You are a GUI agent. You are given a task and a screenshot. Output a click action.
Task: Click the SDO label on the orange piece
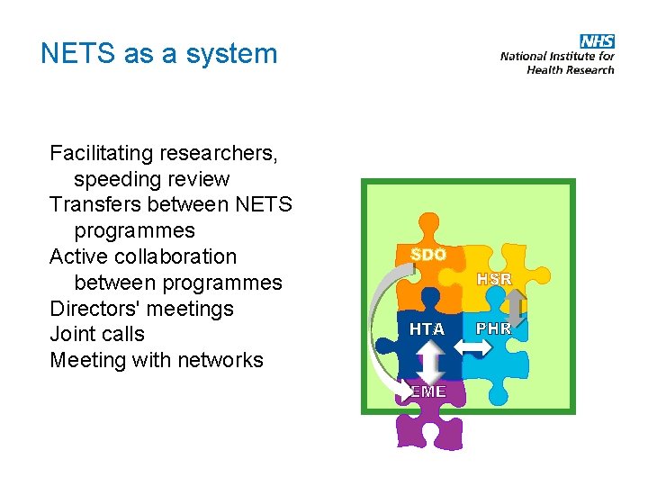(427, 255)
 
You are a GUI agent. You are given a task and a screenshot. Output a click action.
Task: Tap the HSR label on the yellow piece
(494, 279)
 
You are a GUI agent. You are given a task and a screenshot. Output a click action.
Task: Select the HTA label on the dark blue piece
(427, 329)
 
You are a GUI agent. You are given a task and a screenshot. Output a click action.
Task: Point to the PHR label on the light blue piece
(493, 328)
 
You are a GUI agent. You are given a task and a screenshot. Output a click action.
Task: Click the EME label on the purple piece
(427, 391)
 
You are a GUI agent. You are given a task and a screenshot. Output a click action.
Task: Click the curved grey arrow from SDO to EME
(379, 324)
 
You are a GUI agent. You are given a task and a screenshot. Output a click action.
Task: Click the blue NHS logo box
(597, 41)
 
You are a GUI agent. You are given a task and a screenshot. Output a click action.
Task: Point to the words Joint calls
(97, 335)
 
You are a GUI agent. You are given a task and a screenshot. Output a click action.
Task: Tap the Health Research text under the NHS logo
(571, 69)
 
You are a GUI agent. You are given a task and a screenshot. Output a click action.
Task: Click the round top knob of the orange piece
(429, 222)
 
